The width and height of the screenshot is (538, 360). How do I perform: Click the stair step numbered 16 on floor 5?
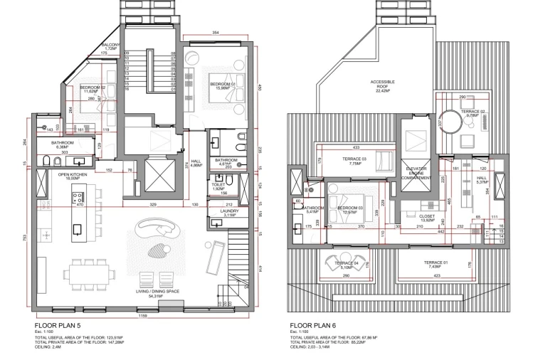tap(127, 90)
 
